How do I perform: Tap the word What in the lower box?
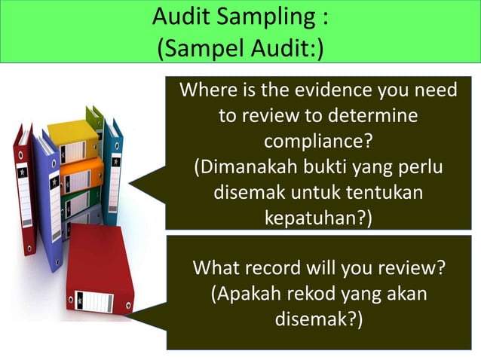point(217,267)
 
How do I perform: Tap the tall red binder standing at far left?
point(24,188)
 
